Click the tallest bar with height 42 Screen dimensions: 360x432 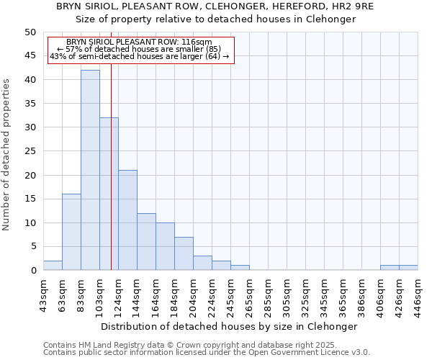[90, 170]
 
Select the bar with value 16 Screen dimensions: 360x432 [71, 232]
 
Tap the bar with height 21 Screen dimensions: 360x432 [127, 220]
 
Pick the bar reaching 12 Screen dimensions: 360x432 [146, 241]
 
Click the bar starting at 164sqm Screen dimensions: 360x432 [165, 246]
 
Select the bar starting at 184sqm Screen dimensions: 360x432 [184, 253]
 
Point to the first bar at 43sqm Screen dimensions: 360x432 [53, 265]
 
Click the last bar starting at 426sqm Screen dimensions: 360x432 [408, 268]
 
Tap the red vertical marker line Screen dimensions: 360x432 [111, 180]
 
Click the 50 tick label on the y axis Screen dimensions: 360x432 [30, 32]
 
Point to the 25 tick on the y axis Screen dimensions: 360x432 [30, 151]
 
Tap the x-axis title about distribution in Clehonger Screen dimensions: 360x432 [229, 326]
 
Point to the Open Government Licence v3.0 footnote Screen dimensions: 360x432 [207, 353]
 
